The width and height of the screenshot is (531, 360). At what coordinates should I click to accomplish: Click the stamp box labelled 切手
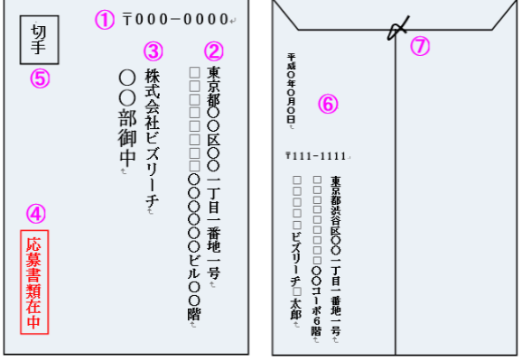click(38, 41)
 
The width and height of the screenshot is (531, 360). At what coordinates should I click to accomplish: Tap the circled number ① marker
click(107, 19)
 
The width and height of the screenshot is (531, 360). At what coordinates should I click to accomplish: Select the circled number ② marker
click(213, 51)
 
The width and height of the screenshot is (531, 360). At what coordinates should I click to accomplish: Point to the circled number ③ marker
click(154, 51)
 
